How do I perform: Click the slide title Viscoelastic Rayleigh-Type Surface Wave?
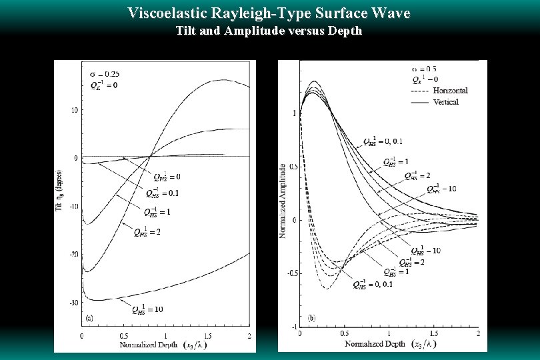tap(269, 13)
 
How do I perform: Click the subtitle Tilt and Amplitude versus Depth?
tap(269, 31)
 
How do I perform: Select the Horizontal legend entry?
tap(450, 91)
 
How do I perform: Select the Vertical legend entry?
tap(445, 102)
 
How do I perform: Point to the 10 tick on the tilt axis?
tap(73, 110)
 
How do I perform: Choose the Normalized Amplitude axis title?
tap(283, 200)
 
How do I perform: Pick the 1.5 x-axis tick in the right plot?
tap(434, 333)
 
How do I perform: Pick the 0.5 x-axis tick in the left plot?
tap(123, 335)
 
